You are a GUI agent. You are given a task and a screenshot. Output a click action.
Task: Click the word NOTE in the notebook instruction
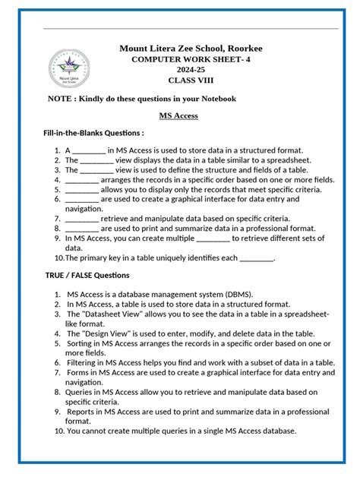pos(60,99)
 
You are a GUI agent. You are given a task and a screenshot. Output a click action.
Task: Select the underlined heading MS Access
pos(178,115)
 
